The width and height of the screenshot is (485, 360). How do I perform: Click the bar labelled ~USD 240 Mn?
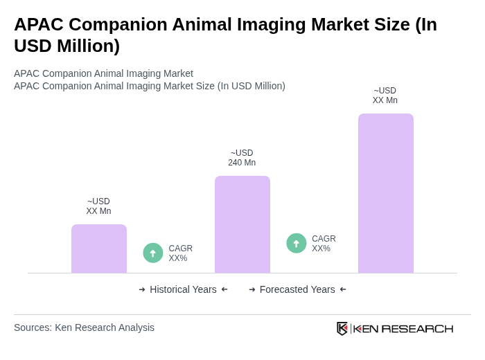(242, 224)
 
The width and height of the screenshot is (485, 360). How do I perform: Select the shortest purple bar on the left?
(98, 249)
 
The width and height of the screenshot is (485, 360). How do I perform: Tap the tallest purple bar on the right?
(385, 193)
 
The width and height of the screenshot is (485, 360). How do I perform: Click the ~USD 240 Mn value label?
(242, 158)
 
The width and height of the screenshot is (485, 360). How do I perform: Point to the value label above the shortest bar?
(98, 206)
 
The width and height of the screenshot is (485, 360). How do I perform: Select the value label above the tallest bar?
(385, 96)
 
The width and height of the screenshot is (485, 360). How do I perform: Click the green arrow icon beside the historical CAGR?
(153, 253)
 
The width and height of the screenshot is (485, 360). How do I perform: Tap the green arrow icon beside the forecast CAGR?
(297, 243)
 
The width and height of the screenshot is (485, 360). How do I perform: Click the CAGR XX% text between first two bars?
(181, 253)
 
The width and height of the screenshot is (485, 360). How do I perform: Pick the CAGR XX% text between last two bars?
(324, 244)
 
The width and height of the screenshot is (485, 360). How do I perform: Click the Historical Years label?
(183, 289)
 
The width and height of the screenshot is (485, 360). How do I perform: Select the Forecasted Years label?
(297, 289)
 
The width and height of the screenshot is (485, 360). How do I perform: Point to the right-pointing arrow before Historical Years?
(142, 289)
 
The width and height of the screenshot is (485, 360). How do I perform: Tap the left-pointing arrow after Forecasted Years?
(343, 289)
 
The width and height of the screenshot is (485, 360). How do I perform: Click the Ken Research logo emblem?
(342, 328)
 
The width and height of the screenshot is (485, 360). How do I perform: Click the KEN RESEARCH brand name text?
(403, 329)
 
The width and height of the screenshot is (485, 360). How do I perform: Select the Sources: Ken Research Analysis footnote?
(84, 327)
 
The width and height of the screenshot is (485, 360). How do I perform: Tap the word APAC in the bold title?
(39, 24)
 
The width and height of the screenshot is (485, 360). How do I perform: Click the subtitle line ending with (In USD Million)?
(150, 86)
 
